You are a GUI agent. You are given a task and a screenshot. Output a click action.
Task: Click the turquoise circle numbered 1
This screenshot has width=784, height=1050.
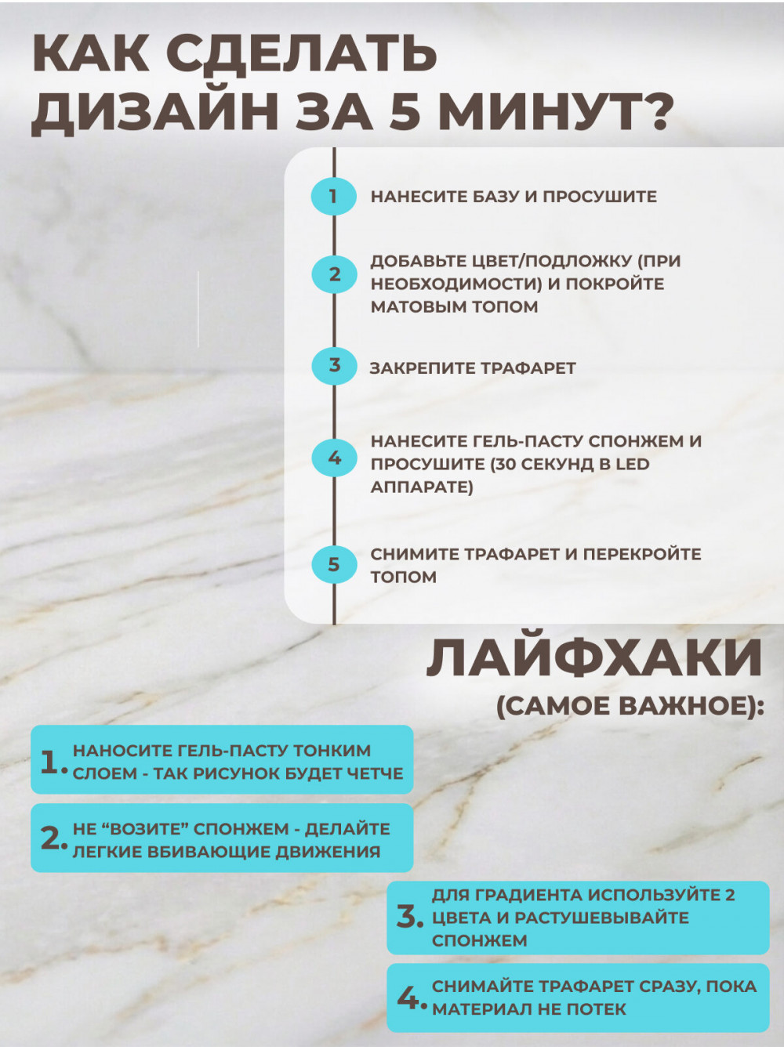(334, 196)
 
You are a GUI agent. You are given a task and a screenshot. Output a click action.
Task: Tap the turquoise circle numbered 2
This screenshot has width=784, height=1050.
(334, 274)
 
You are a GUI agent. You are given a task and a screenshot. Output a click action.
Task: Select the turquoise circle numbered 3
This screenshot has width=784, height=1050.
(334, 366)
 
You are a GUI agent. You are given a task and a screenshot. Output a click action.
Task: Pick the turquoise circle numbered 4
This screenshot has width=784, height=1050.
(334, 458)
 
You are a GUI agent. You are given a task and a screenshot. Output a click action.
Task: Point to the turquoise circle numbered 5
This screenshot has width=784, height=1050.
(334, 564)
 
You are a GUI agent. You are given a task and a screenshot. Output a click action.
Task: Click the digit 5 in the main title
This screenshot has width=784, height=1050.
(404, 112)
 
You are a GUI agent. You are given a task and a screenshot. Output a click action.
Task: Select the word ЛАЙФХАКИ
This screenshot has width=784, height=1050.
(594, 658)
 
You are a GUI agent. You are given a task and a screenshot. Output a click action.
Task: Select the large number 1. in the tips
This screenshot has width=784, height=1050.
(53, 762)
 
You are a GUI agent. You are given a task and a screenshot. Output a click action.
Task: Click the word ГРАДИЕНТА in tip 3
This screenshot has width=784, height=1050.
(532, 895)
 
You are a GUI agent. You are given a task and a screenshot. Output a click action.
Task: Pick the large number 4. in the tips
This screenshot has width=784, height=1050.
(411, 999)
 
